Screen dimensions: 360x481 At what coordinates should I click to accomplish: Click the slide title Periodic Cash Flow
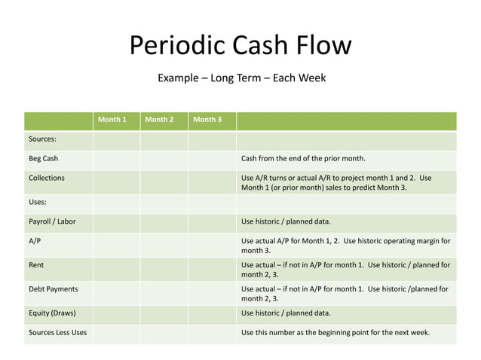240,46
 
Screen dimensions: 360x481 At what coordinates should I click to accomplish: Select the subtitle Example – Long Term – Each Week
240,78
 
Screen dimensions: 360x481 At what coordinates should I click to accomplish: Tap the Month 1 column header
112,120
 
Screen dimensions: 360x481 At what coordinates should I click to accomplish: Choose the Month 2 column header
159,120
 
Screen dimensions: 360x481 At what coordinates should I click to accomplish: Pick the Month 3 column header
207,120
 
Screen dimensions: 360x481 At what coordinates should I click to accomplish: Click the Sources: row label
41,139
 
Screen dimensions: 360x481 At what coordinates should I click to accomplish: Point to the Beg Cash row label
44,159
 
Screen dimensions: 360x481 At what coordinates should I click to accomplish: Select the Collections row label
47,178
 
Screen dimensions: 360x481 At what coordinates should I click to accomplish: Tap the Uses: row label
37,202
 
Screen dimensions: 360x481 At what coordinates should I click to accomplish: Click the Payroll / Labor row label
52,221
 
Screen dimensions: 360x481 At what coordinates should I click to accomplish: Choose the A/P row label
35,241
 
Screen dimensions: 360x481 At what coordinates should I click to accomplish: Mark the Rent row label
36,265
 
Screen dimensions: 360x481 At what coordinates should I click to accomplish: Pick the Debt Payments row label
53,288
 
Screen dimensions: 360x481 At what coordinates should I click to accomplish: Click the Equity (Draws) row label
52,313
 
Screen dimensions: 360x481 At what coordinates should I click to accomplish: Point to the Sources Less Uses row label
57,332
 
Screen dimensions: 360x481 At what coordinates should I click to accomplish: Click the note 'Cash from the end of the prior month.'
303,159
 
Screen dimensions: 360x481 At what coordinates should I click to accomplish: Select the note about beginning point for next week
335,332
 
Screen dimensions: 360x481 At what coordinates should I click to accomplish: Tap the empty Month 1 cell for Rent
116,270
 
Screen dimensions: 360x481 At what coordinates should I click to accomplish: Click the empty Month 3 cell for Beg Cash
212,160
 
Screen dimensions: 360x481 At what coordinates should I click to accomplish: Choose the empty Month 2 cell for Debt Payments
164,293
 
